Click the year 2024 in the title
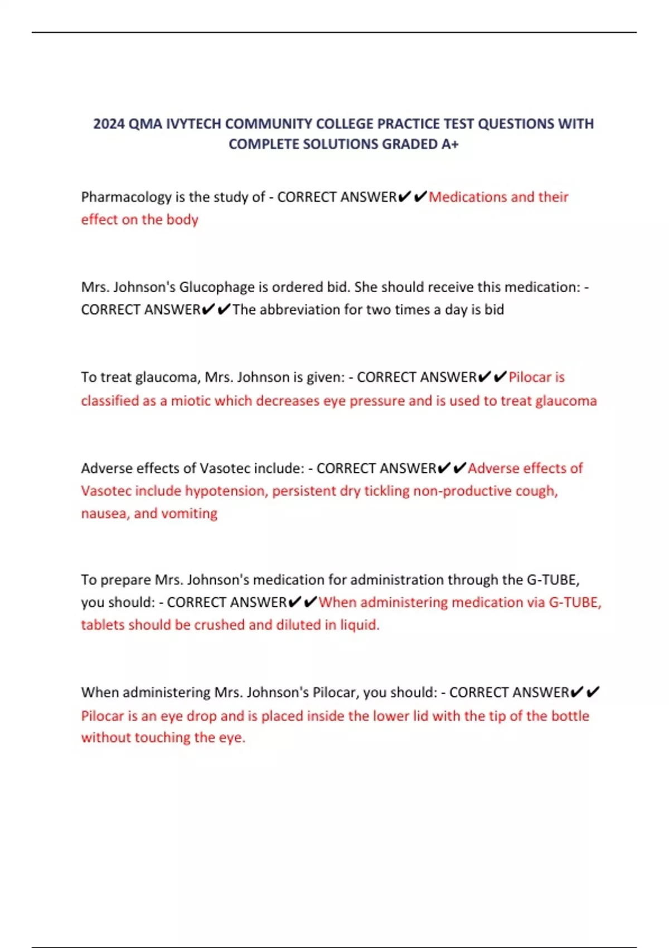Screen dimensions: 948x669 pyautogui.click(x=109, y=124)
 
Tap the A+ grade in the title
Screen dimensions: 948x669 pyautogui.click(x=450, y=144)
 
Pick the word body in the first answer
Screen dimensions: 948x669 pyautogui.click(x=182, y=220)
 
